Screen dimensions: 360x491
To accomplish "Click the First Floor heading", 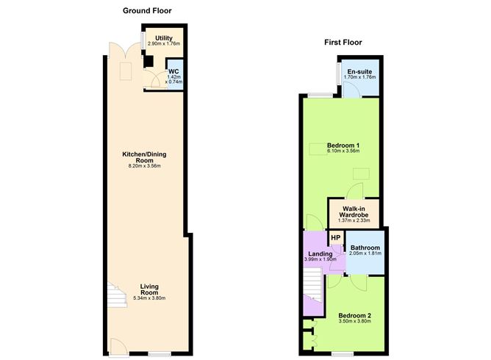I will (x=343, y=43).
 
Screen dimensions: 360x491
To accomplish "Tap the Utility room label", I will (x=163, y=37).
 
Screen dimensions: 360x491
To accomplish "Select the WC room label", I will (x=173, y=71).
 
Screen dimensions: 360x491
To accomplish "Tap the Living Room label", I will (x=150, y=288).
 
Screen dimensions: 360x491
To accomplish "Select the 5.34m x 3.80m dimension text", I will (x=150, y=298).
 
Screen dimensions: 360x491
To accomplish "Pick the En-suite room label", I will (x=359, y=71).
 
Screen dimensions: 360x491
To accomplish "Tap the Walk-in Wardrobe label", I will (x=354, y=212).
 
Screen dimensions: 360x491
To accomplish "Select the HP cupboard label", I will (x=335, y=237).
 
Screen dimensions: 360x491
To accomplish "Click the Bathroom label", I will (x=365, y=248).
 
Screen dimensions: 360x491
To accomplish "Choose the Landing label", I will (x=320, y=254).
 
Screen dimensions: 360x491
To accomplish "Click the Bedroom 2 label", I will (x=355, y=316).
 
